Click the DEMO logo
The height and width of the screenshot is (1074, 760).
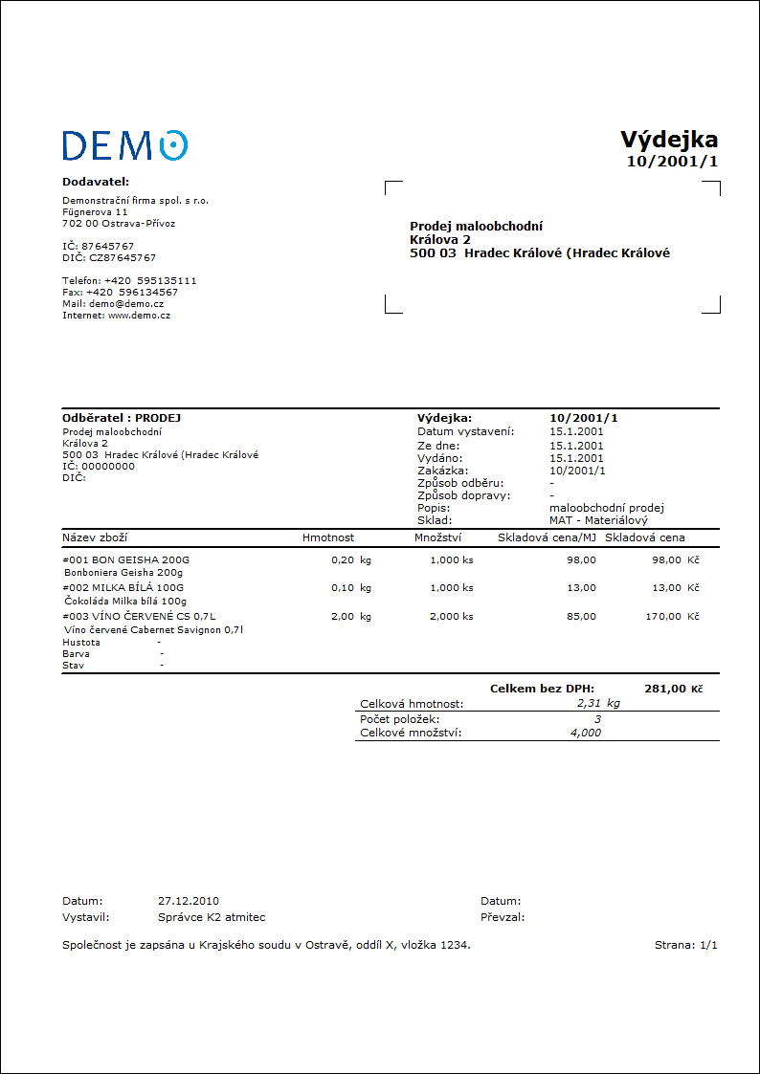(x=124, y=145)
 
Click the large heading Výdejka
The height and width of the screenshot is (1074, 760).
(x=668, y=140)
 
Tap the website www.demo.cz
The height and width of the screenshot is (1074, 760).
(x=139, y=315)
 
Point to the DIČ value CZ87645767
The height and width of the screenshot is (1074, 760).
(x=123, y=257)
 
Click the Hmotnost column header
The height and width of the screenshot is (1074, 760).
(x=328, y=537)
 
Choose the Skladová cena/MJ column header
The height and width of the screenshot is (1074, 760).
(x=547, y=537)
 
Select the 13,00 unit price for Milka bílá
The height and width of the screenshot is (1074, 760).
(x=581, y=587)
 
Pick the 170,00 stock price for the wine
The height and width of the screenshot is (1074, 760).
(x=662, y=617)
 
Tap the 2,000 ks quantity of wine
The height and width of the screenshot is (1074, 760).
(x=451, y=617)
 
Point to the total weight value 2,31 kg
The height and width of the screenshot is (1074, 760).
(x=598, y=703)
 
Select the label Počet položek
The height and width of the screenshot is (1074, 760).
(x=400, y=718)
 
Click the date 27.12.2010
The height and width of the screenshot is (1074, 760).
(x=189, y=901)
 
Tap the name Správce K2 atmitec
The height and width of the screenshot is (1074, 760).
(x=212, y=917)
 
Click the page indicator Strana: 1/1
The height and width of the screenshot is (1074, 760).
(x=685, y=945)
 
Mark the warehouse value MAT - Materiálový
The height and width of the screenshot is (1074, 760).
(x=598, y=520)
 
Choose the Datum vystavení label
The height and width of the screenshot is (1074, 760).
(x=465, y=431)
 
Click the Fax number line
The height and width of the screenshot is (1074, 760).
(x=120, y=292)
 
